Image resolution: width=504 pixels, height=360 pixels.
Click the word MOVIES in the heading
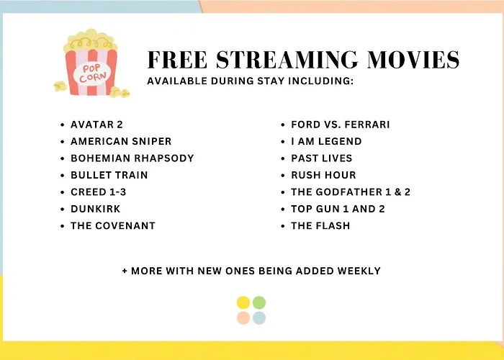413,60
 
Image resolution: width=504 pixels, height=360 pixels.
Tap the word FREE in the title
177,60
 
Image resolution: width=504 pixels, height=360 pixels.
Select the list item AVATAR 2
96,125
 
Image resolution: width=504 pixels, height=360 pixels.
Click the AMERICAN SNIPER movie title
121,141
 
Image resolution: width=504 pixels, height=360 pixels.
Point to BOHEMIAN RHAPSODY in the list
132,158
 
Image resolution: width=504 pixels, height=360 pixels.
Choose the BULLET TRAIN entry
109,175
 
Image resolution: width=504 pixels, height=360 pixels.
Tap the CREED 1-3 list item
99,192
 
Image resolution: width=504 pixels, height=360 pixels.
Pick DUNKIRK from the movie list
96,209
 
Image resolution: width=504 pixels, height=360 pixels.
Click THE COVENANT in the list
113,225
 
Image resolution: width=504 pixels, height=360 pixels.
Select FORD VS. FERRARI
341,125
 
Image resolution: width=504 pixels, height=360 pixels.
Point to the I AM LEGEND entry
327,141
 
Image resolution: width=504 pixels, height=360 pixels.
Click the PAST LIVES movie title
322,158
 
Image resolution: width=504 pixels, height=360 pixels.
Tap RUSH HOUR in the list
324,175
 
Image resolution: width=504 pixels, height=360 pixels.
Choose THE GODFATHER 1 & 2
351,192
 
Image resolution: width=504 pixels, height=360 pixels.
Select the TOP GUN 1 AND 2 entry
338,209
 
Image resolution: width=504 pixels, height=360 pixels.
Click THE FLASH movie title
320,225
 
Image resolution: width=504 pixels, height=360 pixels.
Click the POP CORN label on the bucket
92,73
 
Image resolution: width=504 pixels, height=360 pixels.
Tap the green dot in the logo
259,303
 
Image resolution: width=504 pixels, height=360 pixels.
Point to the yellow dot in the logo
243,303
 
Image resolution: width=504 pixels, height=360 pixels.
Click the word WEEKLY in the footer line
359,271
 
